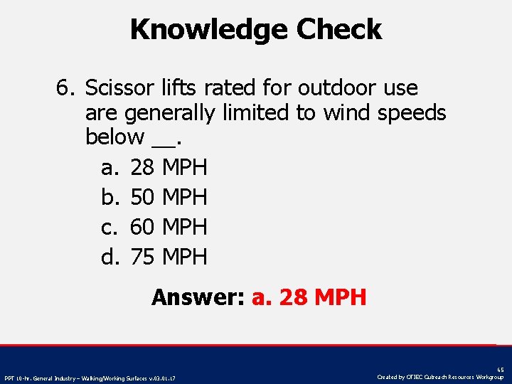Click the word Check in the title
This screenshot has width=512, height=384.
pyautogui.click(x=339, y=30)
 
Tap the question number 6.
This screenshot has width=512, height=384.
pyautogui.click(x=65, y=89)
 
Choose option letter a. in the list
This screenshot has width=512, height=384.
pyautogui.click(x=110, y=169)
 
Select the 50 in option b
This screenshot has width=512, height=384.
pyautogui.click(x=143, y=197)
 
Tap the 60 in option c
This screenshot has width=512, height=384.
pyautogui.click(x=143, y=227)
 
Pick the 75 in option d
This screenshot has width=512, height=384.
pyautogui.click(x=143, y=257)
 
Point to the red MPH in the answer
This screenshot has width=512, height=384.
pyautogui.click(x=340, y=297)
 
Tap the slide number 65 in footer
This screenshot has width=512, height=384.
pyautogui.click(x=501, y=370)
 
